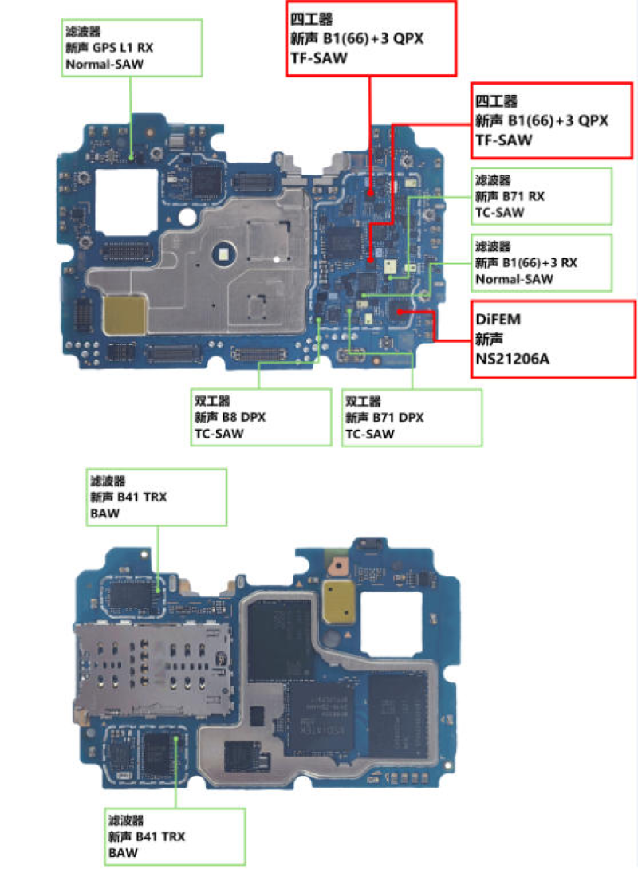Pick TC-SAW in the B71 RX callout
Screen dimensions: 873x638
(x=500, y=212)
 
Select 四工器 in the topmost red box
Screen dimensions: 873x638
(x=312, y=18)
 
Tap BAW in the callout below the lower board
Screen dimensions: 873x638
(x=124, y=853)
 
